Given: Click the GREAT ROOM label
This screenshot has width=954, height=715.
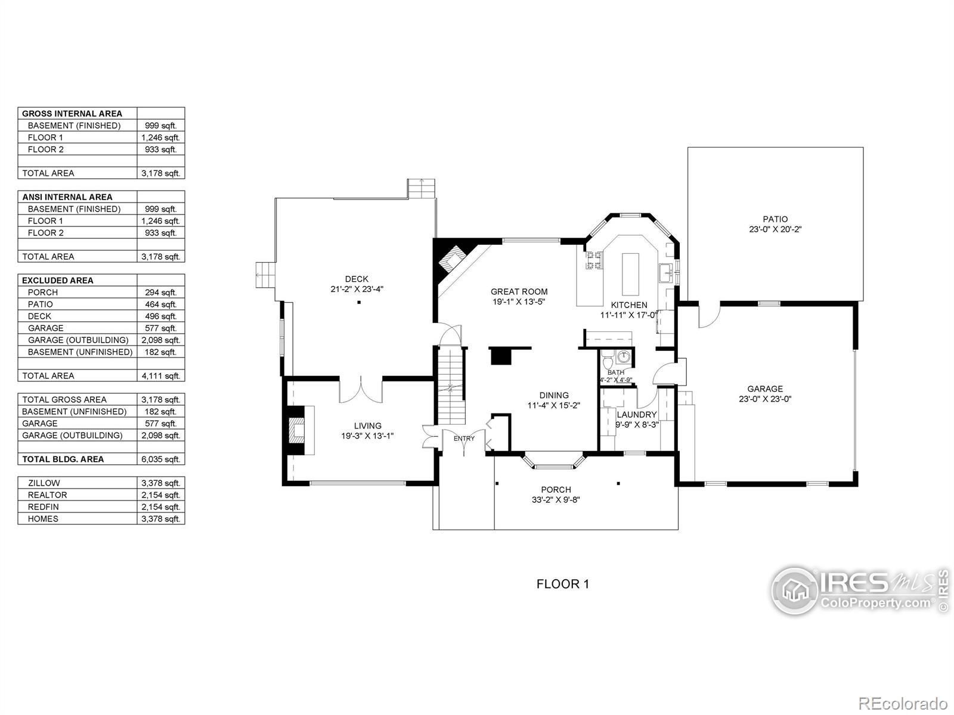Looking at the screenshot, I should coord(519,291).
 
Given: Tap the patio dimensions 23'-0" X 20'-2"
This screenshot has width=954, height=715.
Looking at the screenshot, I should coord(775,229).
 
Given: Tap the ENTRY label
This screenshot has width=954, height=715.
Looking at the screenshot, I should coord(464,439).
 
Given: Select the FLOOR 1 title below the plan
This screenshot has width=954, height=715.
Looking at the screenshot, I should coord(562,584).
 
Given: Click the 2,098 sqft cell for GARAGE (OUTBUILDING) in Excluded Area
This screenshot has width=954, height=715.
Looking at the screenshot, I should coord(160,340).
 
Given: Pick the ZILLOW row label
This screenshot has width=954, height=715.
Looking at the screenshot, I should coord(44,483).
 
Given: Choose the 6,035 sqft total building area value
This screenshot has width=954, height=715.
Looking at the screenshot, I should coord(160,459).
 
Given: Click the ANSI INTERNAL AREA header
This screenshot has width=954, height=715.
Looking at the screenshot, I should coord(67,197).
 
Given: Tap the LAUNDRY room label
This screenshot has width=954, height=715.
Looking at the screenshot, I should coord(636,415).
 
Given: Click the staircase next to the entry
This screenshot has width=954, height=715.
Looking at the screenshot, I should coord(451,386).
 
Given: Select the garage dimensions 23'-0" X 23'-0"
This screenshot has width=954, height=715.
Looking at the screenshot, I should coord(765,400).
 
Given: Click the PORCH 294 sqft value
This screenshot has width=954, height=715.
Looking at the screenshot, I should coord(160,293).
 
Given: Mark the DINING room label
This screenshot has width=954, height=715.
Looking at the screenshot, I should coord(554,395).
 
